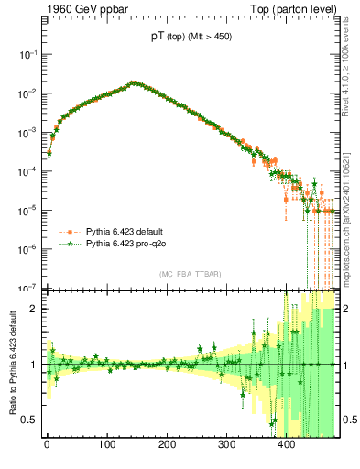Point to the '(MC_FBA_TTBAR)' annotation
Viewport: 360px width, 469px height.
(190, 275)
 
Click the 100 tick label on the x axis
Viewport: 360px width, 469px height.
(106, 446)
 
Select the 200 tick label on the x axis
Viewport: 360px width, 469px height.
(167, 446)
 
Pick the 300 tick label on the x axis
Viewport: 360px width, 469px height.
(226, 446)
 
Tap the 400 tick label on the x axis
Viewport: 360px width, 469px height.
(287, 446)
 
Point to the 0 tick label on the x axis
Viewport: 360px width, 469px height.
(47, 446)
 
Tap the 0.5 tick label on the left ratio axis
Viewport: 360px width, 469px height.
(28, 420)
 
